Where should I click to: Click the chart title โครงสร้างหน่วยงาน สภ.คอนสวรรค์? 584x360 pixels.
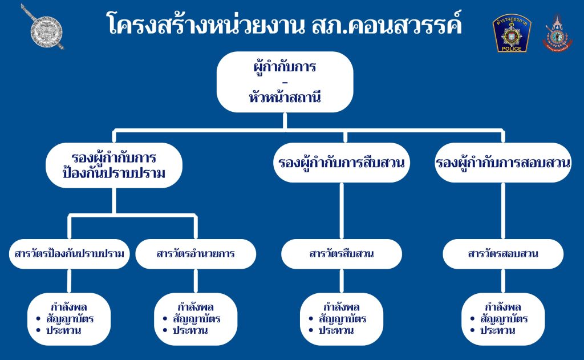[284, 25]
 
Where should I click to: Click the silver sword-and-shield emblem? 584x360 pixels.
[42, 27]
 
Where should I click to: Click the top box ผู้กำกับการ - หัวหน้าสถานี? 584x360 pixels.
[285, 82]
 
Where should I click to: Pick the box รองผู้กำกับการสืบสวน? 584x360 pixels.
[342, 163]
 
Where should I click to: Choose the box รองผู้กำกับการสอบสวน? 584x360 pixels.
[503, 163]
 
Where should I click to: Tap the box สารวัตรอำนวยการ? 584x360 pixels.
[196, 253]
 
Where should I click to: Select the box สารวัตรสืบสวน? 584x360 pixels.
[342, 253]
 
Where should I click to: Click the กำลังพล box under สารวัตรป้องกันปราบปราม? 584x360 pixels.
[69, 319]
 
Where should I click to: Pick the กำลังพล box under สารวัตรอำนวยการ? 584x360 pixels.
[196, 319]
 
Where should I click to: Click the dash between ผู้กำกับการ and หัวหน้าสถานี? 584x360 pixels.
[285, 83]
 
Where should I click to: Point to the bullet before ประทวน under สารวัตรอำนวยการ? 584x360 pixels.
[166, 330]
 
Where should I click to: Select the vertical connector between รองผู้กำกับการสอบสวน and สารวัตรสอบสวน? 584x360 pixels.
[503, 212]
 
